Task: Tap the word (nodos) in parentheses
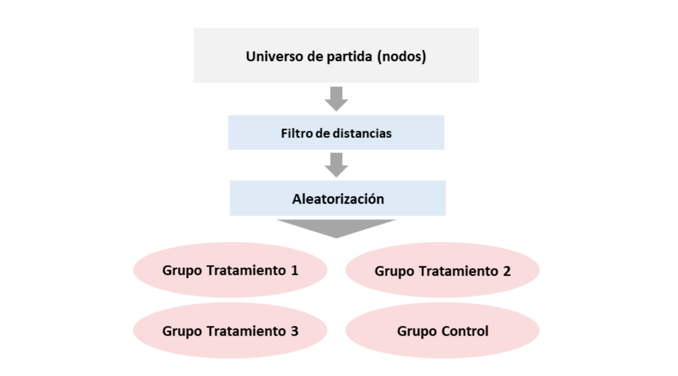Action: click(x=401, y=56)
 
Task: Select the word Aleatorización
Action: click(x=338, y=199)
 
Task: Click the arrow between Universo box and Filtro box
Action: click(x=336, y=99)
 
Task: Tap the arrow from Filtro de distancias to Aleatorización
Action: click(x=336, y=165)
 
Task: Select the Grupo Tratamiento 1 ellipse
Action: click(x=230, y=270)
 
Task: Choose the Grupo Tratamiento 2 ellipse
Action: click(x=442, y=270)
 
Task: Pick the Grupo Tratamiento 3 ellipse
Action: click(x=230, y=330)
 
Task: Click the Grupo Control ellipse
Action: click(x=442, y=330)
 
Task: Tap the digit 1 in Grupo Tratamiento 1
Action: click(x=294, y=270)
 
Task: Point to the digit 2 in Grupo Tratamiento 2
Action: click(x=507, y=271)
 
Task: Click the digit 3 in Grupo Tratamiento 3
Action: click(x=294, y=331)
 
